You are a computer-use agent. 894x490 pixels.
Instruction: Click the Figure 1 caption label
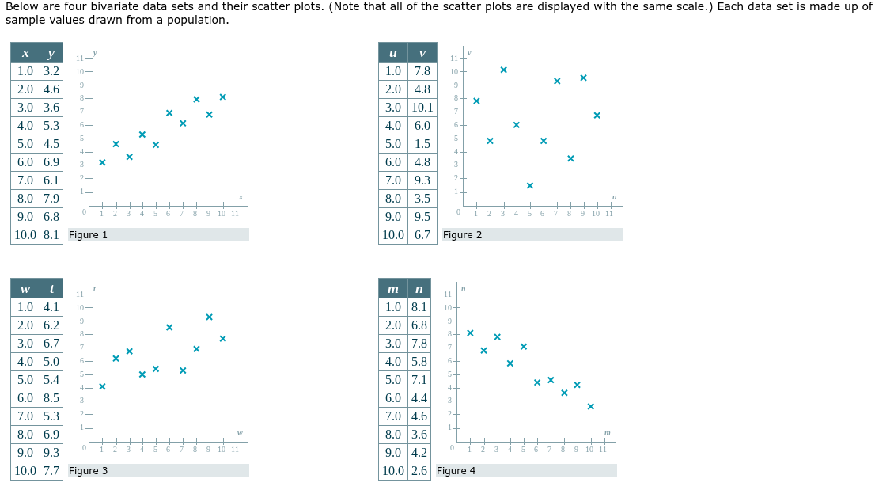click(x=88, y=235)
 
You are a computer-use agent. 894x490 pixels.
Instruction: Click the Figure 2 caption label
click(x=462, y=235)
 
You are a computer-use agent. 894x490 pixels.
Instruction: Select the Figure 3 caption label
click(x=88, y=471)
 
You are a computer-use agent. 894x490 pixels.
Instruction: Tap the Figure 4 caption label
click(x=456, y=471)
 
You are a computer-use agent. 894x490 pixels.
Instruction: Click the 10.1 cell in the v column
click(x=422, y=108)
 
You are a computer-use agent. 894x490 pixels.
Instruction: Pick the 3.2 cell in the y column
click(x=51, y=71)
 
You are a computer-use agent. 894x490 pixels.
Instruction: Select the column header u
click(x=393, y=53)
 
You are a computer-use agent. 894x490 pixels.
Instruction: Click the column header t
click(x=51, y=289)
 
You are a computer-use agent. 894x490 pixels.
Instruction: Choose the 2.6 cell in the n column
click(x=419, y=471)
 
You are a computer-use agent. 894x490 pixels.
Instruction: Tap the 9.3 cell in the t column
click(x=51, y=453)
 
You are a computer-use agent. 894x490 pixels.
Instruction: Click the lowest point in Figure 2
click(x=529, y=185)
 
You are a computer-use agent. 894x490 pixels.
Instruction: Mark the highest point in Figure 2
click(x=503, y=70)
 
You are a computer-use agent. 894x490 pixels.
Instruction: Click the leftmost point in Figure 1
click(x=102, y=162)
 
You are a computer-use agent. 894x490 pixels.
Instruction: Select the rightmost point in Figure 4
click(x=590, y=406)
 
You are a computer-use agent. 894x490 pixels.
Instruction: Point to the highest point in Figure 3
click(x=209, y=317)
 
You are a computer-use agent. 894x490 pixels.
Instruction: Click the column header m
click(x=393, y=289)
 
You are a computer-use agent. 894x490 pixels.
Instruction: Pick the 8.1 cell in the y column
click(x=51, y=235)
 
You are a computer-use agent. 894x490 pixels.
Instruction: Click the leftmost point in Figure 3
click(x=102, y=386)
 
